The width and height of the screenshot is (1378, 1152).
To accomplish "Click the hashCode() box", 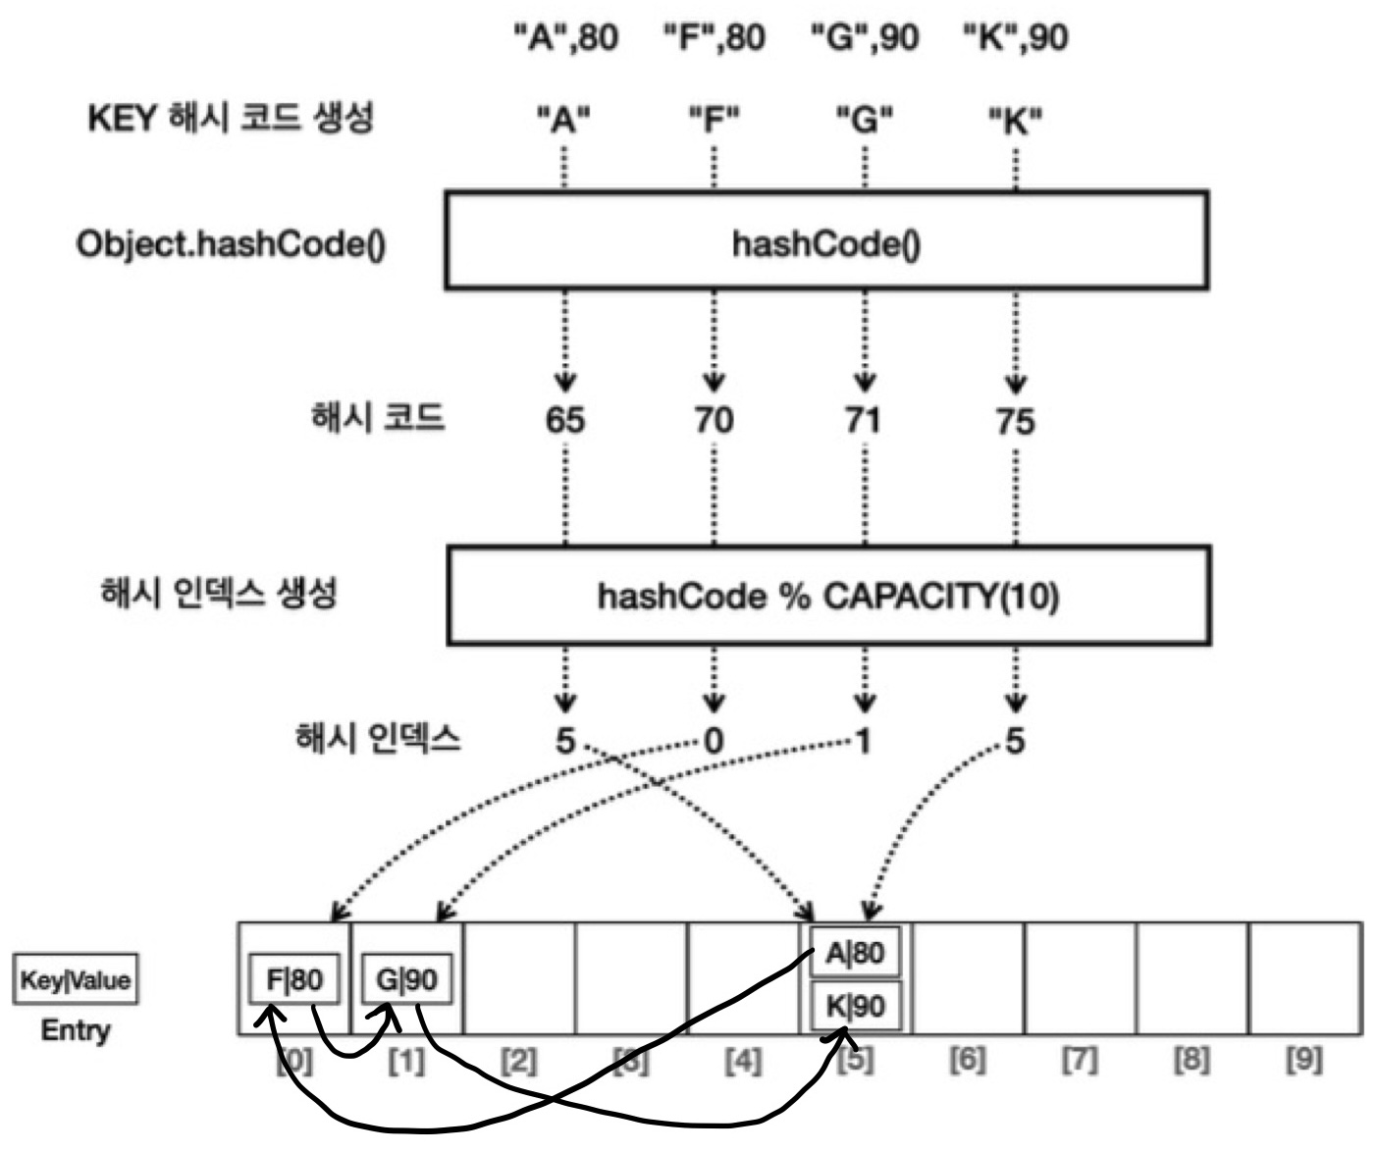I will click(x=825, y=241).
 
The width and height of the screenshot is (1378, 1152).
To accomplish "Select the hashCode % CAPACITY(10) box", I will click(x=827, y=596).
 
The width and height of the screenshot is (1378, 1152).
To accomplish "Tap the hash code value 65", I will click(x=565, y=420).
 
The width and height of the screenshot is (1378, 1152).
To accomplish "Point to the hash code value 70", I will click(x=714, y=420).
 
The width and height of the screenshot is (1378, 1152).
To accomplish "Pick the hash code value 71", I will click(x=863, y=420).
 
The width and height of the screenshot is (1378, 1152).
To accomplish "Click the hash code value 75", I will click(x=1015, y=421).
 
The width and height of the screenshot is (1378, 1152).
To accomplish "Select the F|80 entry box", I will click(x=294, y=978).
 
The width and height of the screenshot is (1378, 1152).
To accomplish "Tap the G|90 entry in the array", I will click(x=406, y=978).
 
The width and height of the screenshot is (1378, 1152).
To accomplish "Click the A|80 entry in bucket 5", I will click(x=855, y=952).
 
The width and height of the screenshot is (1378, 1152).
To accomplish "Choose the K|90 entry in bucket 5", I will click(x=855, y=1006).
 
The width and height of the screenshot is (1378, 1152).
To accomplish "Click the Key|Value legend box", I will click(x=76, y=979).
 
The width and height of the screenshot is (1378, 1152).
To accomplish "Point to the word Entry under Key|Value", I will click(x=76, y=1030).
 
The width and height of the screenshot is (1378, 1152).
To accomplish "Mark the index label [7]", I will click(x=1080, y=1060).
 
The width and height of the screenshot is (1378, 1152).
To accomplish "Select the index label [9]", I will click(x=1303, y=1060).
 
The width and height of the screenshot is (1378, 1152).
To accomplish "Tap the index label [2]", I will click(x=518, y=1061).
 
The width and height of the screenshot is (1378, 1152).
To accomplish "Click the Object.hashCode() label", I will click(x=231, y=243).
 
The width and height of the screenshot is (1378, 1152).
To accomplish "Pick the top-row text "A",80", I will click(x=566, y=38).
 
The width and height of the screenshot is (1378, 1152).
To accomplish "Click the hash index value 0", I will click(x=714, y=741).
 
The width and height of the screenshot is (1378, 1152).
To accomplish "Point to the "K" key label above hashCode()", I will click(x=1015, y=121).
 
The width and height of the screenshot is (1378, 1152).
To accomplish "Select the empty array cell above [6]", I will click(x=968, y=978).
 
